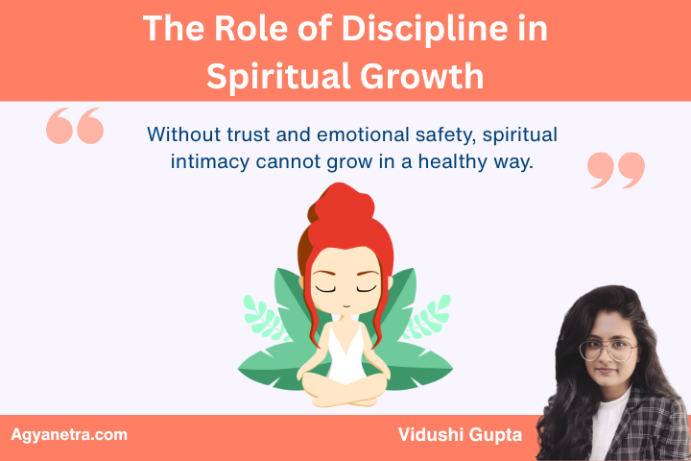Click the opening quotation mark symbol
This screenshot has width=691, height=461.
coord(75,127)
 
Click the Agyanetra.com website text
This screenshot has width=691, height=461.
coord(69,435)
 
